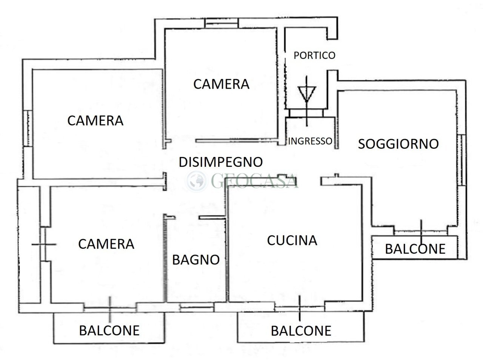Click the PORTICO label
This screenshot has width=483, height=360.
[314, 55]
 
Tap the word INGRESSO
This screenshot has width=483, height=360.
[310, 141]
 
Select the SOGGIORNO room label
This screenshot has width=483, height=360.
[398, 144]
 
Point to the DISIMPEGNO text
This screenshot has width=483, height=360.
[220, 162]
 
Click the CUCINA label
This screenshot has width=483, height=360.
[292, 240]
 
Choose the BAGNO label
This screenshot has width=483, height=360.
[196, 260]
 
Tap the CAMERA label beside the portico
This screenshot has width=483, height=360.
[221, 84]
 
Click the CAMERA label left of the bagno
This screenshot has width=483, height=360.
[106, 244]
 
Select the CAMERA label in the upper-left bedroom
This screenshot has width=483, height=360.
[95, 121]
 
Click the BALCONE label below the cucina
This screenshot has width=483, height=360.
[301, 331]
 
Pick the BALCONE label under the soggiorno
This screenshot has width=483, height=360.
[415, 249]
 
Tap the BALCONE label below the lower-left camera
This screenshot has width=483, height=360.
[109, 331]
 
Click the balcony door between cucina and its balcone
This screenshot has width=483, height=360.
[300, 308]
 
